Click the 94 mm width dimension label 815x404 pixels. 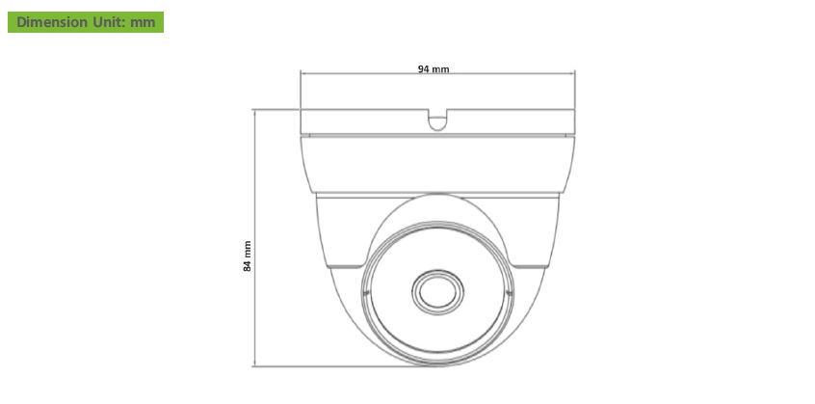[x=434, y=69]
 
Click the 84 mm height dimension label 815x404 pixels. [x=248, y=256]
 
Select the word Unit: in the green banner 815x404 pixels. [x=109, y=22]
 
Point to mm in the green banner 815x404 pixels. [x=143, y=23]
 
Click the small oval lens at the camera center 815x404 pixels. [x=437, y=292]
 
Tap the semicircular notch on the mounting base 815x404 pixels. [x=437, y=121]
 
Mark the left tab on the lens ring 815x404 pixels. [x=365, y=294]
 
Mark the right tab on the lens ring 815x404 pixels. [x=510, y=294]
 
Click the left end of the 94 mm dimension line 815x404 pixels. [x=301, y=73]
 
